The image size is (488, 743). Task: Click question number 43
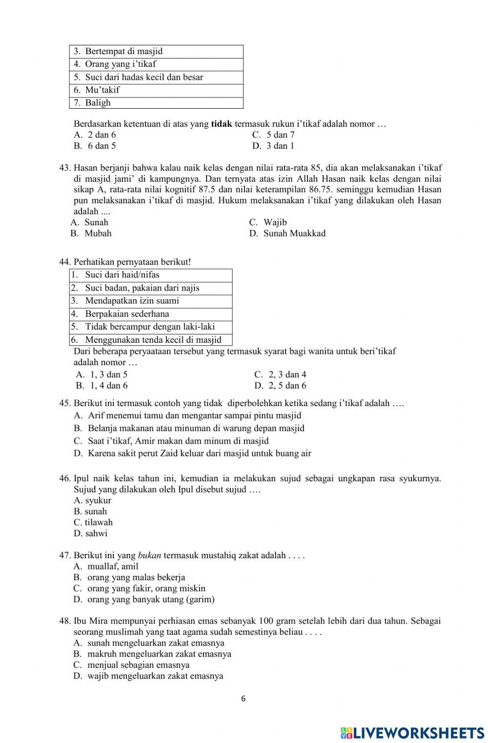coord(65,168)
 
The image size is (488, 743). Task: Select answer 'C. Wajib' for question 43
coord(268,222)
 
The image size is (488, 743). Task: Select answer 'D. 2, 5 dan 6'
coord(280,386)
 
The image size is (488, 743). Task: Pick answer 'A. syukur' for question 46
coord(92,500)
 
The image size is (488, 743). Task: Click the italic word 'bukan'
coord(150,555)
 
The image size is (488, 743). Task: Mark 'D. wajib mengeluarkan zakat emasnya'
coord(148,676)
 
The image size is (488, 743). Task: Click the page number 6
coord(244,699)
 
